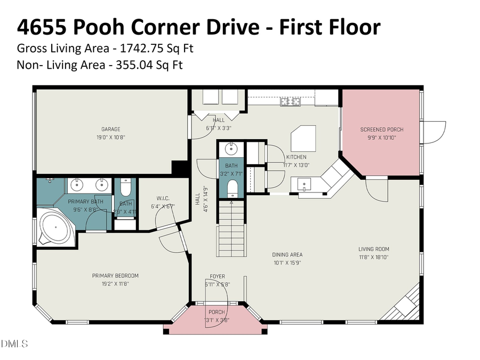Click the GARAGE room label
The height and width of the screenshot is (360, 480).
click(x=111, y=129)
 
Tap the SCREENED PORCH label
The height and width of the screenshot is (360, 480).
click(x=382, y=130)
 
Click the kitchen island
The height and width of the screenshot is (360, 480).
click(x=304, y=140)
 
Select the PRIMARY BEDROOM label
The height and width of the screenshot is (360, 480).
click(x=115, y=276)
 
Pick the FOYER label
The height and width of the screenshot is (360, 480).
click(x=217, y=276)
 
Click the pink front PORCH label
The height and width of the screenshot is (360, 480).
click(x=217, y=312)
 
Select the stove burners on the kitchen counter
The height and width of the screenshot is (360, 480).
click(x=292, y=101)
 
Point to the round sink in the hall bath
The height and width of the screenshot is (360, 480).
click(x=231, y=149)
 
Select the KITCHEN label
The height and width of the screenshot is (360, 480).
click(x=297, y=157)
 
